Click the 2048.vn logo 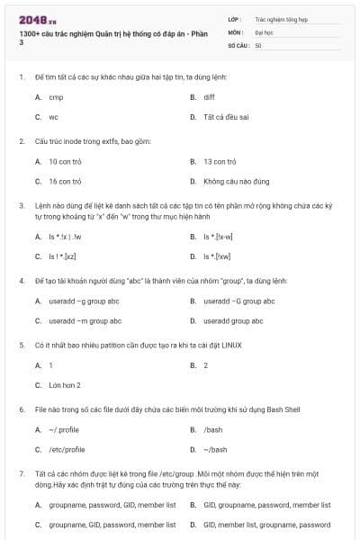coord(33,19)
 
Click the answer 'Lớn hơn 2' coord(65,385)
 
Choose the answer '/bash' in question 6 coord(212,429)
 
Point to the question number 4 coord(22,281)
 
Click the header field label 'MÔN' coord(236,31)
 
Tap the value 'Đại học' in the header coord(264,31)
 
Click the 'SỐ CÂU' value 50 coord(258,44)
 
